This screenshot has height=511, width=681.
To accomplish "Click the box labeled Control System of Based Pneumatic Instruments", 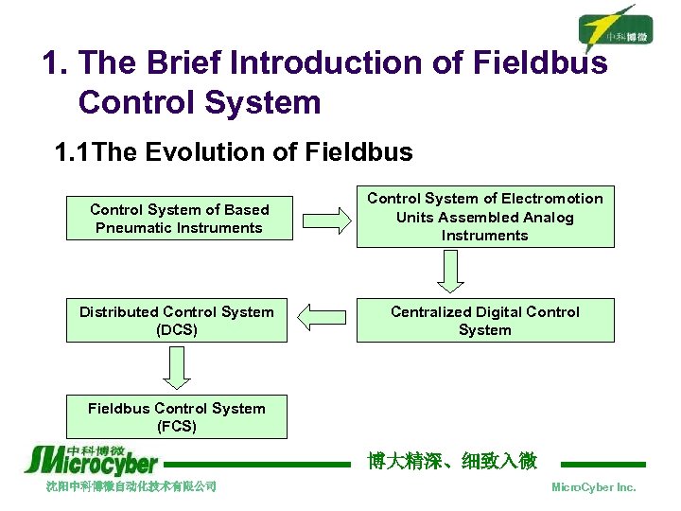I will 179,219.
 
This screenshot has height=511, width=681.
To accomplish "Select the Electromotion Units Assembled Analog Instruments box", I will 484,217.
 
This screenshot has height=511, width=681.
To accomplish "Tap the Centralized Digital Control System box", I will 484,321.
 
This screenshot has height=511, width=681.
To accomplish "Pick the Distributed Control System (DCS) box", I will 177,321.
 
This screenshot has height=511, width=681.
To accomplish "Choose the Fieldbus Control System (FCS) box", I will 177,417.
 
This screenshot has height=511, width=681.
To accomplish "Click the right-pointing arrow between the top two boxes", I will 324,220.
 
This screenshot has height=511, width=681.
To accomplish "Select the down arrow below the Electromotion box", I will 452,271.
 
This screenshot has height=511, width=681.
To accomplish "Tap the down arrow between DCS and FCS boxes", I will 177,367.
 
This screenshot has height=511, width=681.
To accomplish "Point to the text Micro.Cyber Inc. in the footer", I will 593,487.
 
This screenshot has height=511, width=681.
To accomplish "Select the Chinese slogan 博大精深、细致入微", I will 451,461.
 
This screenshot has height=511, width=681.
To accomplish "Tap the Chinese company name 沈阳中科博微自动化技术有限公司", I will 131,486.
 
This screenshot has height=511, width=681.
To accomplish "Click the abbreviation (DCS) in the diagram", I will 177,330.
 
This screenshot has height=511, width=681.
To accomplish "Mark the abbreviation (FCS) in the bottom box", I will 177,427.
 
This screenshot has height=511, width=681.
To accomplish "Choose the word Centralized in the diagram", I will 434,311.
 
